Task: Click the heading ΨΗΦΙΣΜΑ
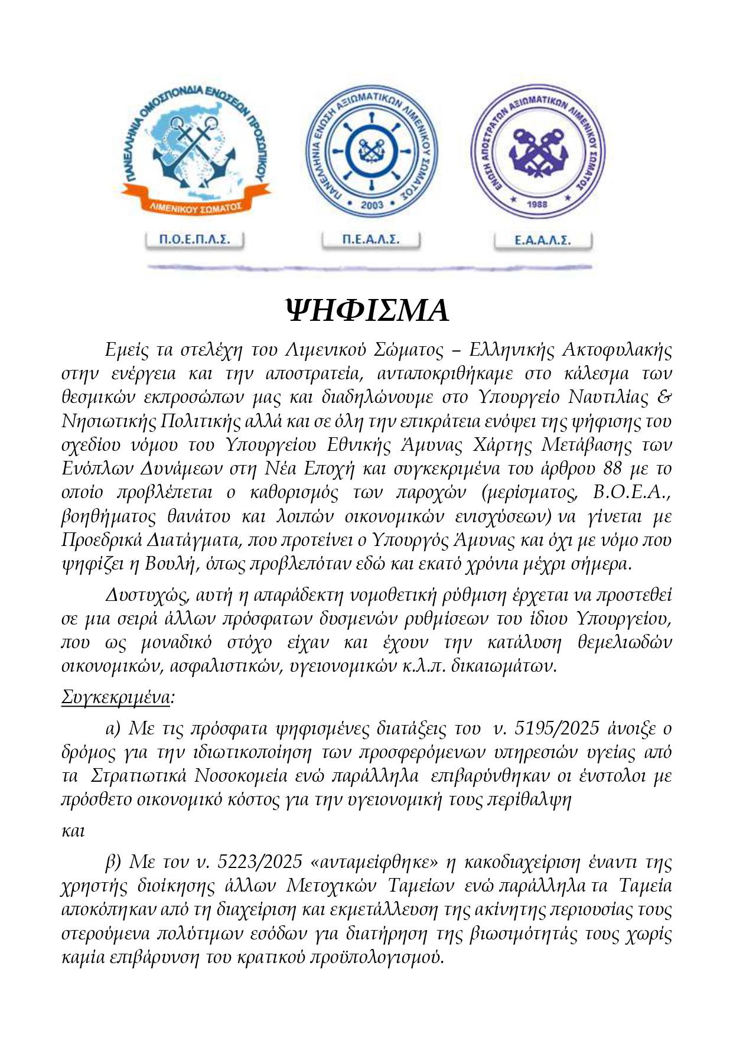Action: click(367, 311)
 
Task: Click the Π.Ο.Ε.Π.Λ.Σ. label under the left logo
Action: click(194, 240)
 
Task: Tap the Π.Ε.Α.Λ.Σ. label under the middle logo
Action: click(371, 239)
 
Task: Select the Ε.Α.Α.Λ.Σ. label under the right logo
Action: click(542, 240)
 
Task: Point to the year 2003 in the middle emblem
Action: click(372, 205)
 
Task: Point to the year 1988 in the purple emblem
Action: click(536, 204)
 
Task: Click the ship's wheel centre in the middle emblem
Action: click(372, 148)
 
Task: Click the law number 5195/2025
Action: click(557, 729)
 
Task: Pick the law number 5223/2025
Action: click(260, 863)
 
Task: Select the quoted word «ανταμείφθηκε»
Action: click(379, 863)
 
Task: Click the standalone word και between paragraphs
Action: click(73, 831)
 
